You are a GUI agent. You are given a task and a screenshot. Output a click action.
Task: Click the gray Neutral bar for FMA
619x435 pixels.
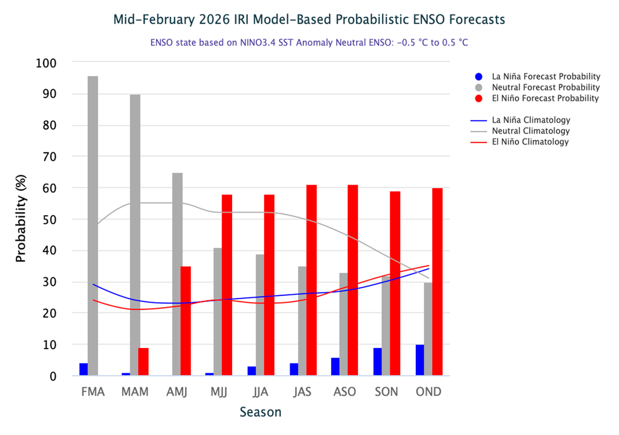(93, 226)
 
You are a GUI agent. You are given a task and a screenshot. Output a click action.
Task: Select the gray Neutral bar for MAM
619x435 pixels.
(135, 235)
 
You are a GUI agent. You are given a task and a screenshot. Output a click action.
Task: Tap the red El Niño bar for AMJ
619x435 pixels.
(186, 321)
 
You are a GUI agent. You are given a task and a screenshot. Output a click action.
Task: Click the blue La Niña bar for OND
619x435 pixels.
(420, 360)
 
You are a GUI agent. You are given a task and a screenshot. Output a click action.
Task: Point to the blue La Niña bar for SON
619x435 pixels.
(377, 362)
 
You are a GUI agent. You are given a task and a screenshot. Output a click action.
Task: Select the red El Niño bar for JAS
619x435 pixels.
(311, 280)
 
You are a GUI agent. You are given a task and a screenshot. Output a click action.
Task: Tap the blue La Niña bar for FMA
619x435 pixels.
(83, 369)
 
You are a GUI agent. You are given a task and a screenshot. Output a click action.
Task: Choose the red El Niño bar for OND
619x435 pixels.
(437, 282)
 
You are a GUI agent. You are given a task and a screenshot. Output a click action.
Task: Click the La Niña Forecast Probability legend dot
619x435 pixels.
(479, 77)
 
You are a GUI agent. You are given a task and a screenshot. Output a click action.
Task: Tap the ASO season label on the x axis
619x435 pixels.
(344, 391)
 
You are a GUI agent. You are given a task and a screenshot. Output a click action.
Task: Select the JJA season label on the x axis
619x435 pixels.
(261, 391)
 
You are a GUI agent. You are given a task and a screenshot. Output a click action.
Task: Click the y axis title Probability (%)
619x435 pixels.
(21, 219)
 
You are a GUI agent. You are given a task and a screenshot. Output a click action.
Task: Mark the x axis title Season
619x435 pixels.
(261, 413)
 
